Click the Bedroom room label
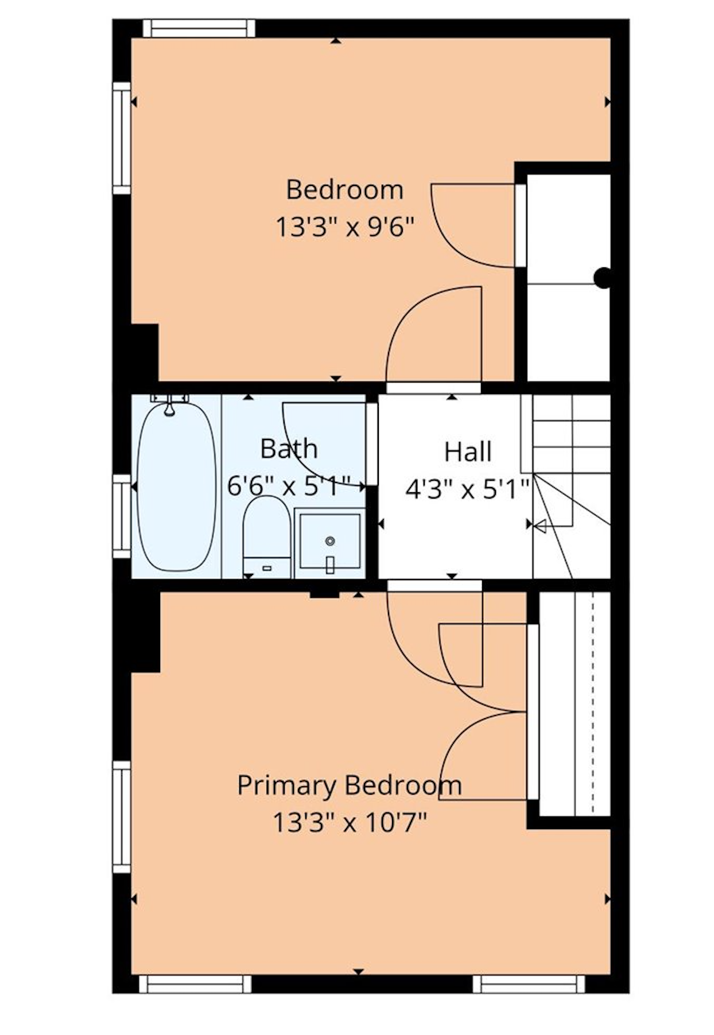click(x=344, y=190)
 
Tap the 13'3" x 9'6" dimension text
click(x=345, y=227)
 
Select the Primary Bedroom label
click(x=349, y=786)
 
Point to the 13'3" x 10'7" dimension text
click(x=350, y=823)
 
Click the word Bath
click(x=289, y=449)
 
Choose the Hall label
click(x=468, y=452)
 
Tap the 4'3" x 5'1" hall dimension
click(x=468, y=490)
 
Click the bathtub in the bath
click(x=177, y=487)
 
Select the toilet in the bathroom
click(x=266, y=536)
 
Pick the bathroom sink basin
click(x=330, y=542)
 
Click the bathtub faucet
click(x=169, y=404)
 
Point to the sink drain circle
click(x=330, y=540)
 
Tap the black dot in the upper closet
click(x=602, y=278)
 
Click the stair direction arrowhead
click(x=540, y=525)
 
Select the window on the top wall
click(x=199, y=28)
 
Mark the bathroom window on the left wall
click(x=122, y=516)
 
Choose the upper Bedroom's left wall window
click(x=122, y=138)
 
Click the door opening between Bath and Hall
click(x=372, y=444)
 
